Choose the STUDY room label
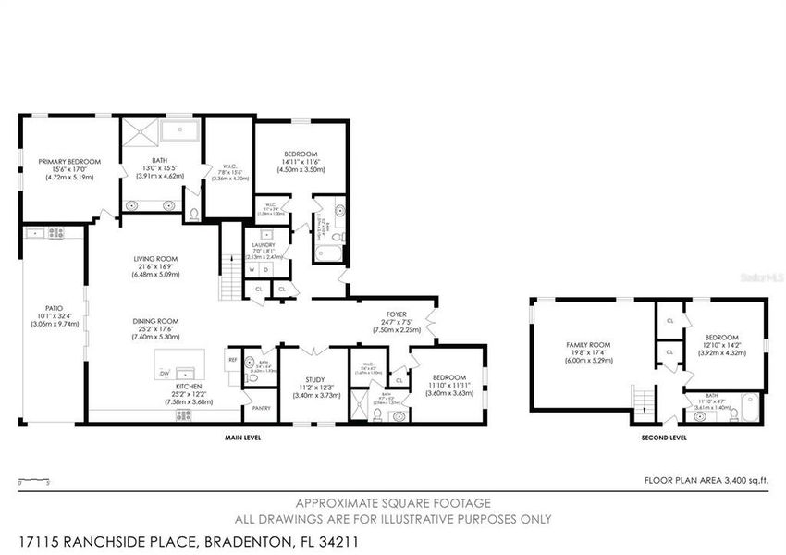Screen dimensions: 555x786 (x=314, y=379)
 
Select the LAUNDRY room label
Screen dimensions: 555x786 (x=264, y=245)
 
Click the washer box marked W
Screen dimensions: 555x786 (x=252, y=270)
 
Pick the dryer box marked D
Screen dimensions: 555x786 (x=267, y=270)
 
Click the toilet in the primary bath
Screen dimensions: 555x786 (x=192, y=214)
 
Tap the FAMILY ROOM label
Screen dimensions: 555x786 (x=589, y=344)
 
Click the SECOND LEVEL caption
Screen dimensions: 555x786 (x=664, y=438)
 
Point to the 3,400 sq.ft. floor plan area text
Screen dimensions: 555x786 (x=706, y=481)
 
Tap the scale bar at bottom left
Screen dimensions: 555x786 (x=33, y=481)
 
